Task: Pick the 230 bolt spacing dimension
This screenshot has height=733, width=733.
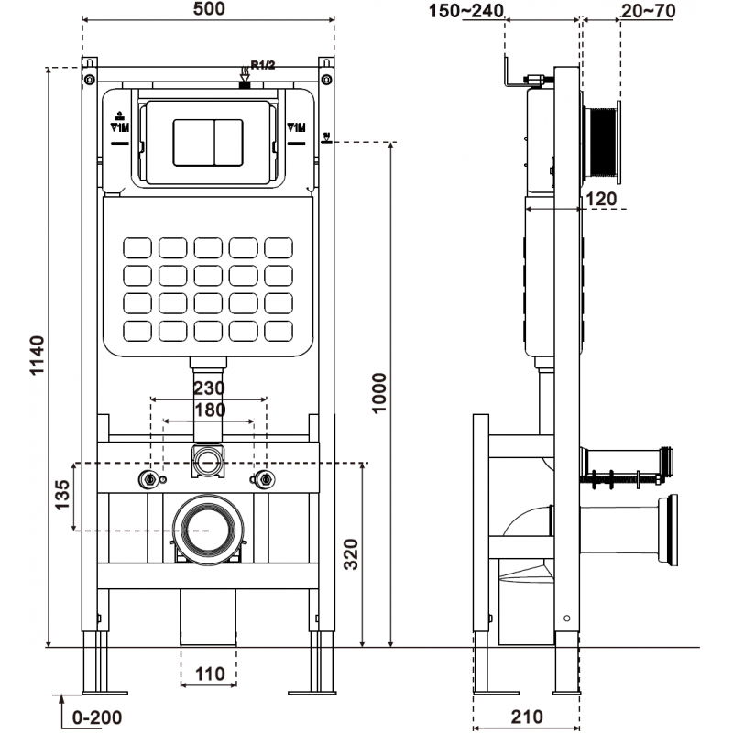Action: coord(208,388)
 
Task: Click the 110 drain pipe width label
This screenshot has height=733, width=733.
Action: coord(209,674)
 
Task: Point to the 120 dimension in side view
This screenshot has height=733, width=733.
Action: coord(601,198)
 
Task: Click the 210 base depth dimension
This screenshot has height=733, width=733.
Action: coord(526,717)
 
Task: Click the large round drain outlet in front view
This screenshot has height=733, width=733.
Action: coord(208,530)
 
